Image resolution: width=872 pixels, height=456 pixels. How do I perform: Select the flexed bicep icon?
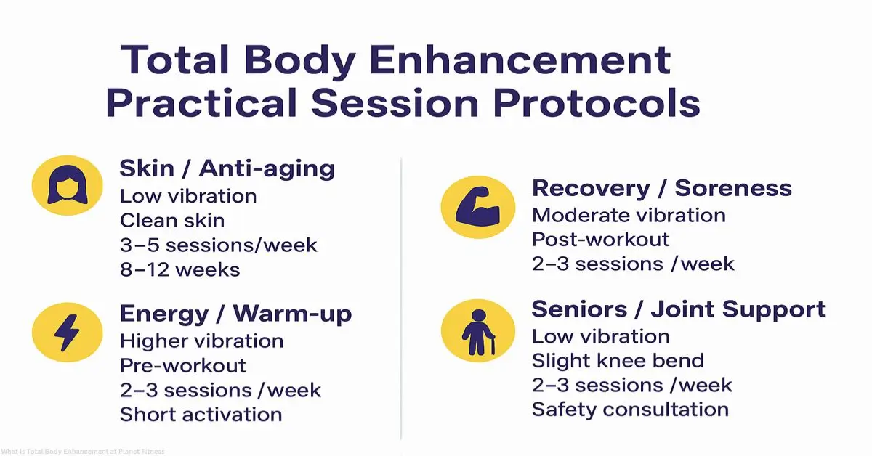click(477, 207)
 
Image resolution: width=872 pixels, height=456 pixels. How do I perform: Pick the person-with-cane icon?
click(477, 330)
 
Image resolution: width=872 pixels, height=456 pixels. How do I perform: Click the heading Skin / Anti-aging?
click(227, 168)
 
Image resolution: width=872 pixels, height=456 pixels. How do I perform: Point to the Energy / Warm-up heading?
click(235, 314)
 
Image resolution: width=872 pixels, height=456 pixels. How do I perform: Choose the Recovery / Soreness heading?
click(661, 188)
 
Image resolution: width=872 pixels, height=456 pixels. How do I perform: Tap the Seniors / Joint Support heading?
click(679, 309)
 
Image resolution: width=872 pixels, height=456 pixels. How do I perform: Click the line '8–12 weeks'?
click(179, 269)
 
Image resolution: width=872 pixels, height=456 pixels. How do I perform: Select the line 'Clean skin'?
click(172, 220)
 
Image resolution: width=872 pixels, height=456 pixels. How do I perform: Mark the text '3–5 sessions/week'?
click(218, 245)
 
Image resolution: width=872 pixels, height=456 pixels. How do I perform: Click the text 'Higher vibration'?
click(201, 341)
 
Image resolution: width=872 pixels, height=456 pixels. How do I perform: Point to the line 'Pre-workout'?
click(182, 365)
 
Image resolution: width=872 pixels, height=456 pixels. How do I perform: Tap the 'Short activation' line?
click(201, 415)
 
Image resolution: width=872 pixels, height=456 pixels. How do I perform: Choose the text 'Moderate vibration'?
click(629, 216)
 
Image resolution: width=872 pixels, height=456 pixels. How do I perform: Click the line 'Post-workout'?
click(600, 239)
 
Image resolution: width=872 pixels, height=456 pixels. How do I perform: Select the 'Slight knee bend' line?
click(618, 360)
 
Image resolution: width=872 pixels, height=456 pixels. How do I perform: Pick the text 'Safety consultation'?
click(630, 409)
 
